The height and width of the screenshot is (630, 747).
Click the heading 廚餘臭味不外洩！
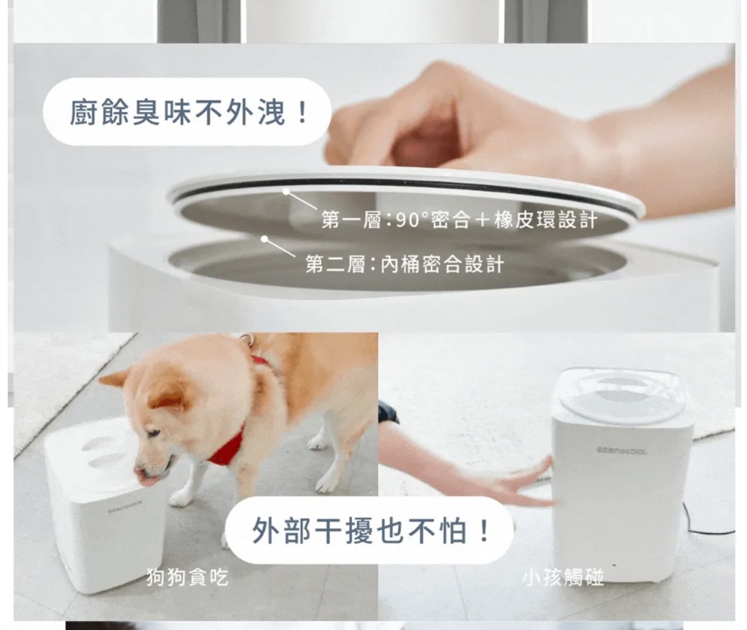tap(189, 113)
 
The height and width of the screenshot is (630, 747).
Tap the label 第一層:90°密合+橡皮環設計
tap(459, 219)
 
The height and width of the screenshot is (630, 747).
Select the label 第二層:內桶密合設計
tap(404, 263)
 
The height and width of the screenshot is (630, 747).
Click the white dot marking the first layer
tap(286, 191)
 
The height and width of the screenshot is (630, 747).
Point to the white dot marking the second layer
tap(264, 239)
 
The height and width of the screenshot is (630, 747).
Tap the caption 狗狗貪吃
tap(187, 577)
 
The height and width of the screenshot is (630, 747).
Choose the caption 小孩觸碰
tap(562, 577)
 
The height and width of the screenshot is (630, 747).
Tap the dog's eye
tap(153, 434)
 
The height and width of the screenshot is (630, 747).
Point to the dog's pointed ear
tap(114, 379)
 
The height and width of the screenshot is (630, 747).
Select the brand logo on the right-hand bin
tap(622, 450)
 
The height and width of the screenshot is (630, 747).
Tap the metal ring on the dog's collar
tap(247, 339)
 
